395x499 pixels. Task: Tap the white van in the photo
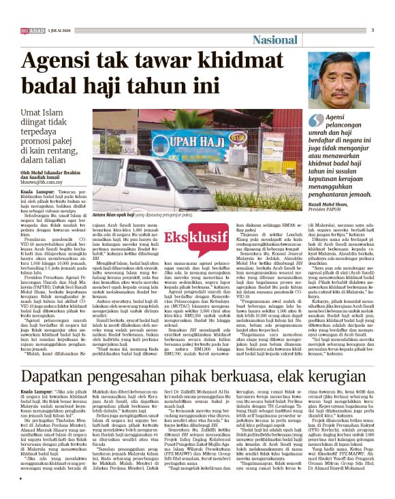click(x=140, y=183)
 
